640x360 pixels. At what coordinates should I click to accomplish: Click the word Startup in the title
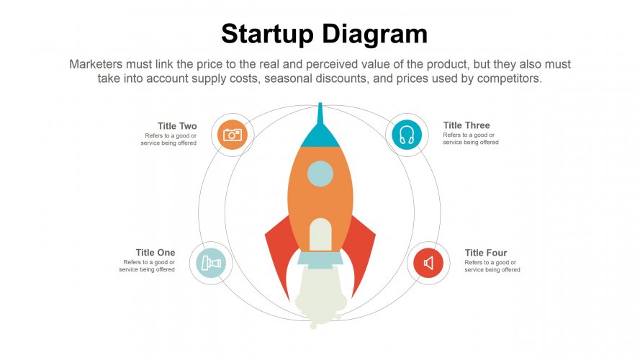click(267, 34)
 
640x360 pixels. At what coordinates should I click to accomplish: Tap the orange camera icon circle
click(232, 134)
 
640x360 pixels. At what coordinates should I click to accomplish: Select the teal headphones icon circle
click(407, 135)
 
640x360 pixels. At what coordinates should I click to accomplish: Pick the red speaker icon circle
click(428, 263)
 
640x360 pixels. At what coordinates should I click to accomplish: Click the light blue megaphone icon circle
click(211, 263)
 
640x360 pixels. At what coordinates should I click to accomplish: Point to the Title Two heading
click(177, 126)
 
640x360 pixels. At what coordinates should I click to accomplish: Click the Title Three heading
click(467, 125)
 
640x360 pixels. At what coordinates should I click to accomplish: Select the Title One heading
click(156, 252)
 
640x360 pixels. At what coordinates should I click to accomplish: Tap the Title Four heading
click(486, 253)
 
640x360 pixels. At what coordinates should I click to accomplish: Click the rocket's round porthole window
click(320, 174)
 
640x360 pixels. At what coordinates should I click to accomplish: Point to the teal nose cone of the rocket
click(320, 135)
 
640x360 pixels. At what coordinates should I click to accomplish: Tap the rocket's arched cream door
click(320, 236)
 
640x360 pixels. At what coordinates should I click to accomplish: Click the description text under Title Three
click(471, 139)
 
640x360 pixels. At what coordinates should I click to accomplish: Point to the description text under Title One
click(148, 266)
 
